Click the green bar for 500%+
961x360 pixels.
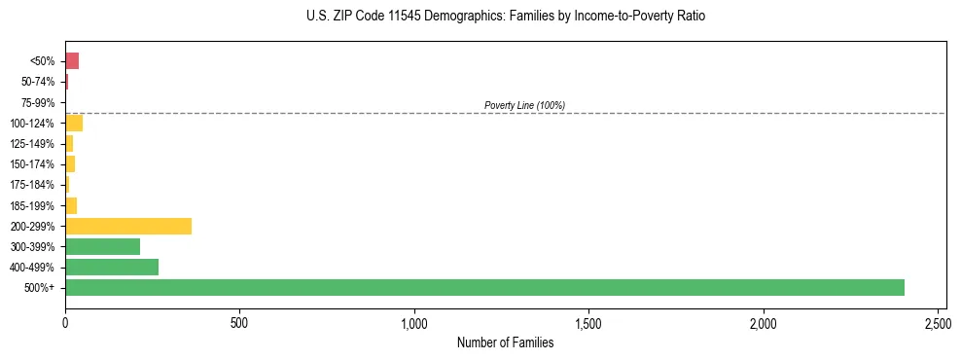pos(484,287)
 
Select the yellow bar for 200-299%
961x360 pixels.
pos(128,226)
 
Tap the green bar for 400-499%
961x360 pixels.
pos(112,267)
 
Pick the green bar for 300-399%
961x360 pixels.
pos(102,246)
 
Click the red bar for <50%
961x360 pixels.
pos(72,61)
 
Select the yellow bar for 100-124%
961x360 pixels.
pos(74,123)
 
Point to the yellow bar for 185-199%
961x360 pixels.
pos(71,205)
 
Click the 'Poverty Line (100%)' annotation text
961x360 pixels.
pos(524,105)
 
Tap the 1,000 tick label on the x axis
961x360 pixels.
pos(414,321)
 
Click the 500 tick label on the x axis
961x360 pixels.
pos(239,321)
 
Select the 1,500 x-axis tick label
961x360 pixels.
pos(588,321)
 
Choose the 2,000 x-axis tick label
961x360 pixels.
pos(764,321)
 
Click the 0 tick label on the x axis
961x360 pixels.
pos(65,321)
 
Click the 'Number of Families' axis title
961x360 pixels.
pos(505,342)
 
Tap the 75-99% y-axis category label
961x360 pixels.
pos(38,102)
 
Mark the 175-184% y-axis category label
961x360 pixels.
pos(32,185)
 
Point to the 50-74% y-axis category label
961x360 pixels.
pos(38,82)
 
